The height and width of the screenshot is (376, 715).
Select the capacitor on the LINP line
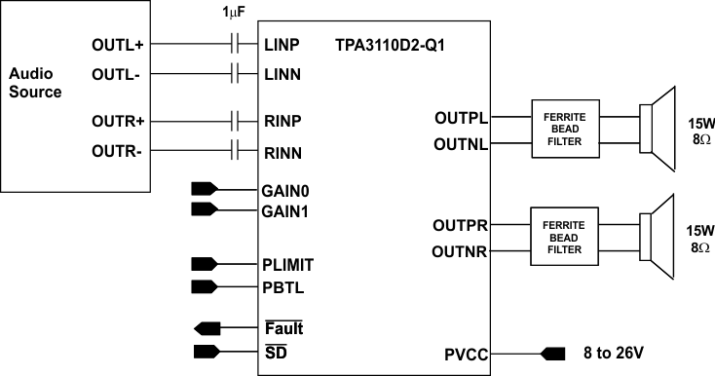[x=235, y=44]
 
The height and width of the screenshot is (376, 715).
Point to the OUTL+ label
[x=118, y=45]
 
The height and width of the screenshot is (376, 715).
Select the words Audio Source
[x=35, y=83]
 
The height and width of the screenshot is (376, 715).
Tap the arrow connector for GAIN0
[x=207, y=188]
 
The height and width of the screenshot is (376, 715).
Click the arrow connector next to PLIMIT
[x=207, y=263]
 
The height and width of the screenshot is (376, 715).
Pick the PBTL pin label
[x=283, y=285]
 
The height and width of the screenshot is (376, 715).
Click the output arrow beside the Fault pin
[x=207, y=327]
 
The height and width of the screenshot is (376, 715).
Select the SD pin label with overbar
[x=274, y=350]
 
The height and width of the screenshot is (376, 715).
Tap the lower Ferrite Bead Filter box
[x=564, y=237]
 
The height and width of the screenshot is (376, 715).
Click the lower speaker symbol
[x=657, y=237]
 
